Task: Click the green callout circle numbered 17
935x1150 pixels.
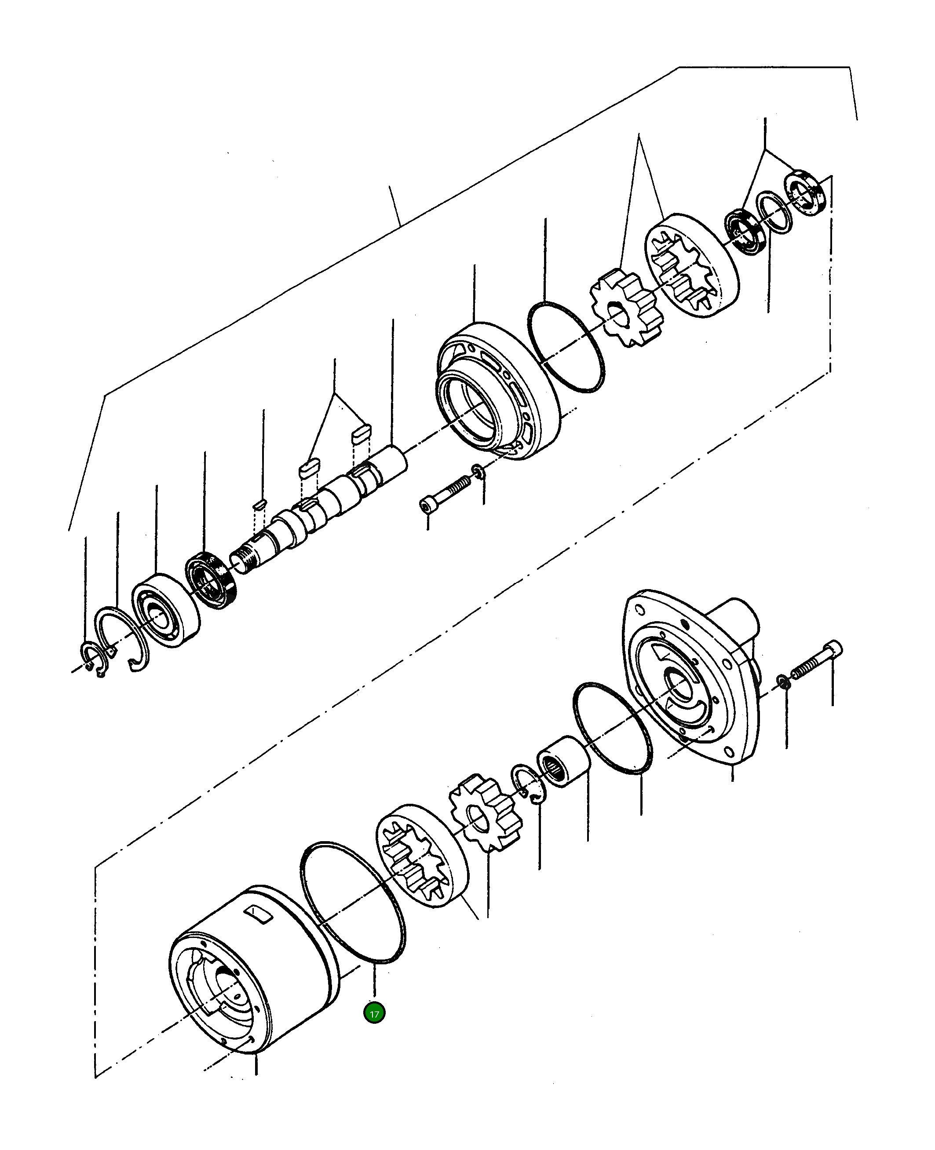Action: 374,1013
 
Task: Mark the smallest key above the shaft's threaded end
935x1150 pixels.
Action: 259,505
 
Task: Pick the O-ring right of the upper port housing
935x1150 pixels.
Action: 566,348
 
